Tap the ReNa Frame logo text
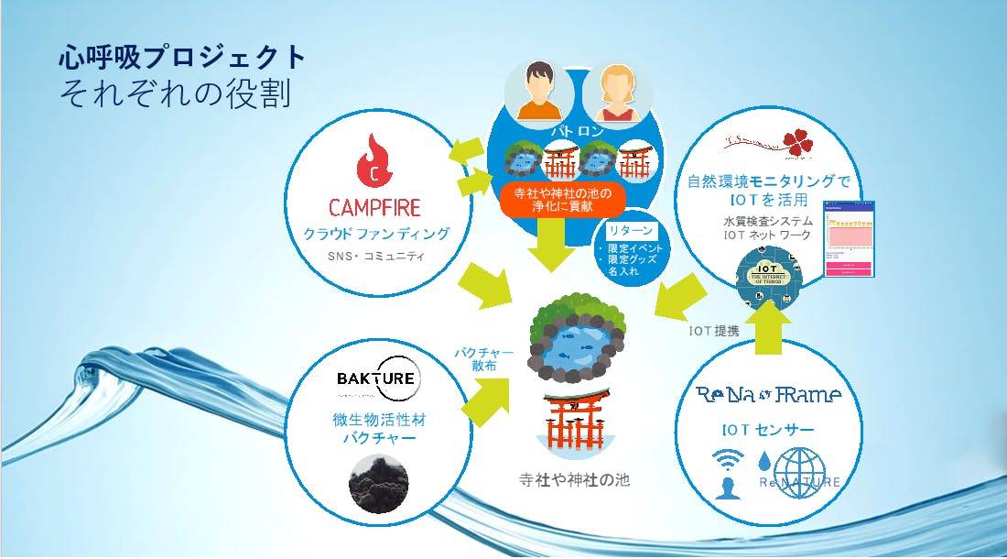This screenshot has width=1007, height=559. tap(768, 395)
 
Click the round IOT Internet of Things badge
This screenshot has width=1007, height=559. tap(771, 279)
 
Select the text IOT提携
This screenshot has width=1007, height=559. tap(713, 331)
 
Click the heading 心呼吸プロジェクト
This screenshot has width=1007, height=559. tap(180, 58)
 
